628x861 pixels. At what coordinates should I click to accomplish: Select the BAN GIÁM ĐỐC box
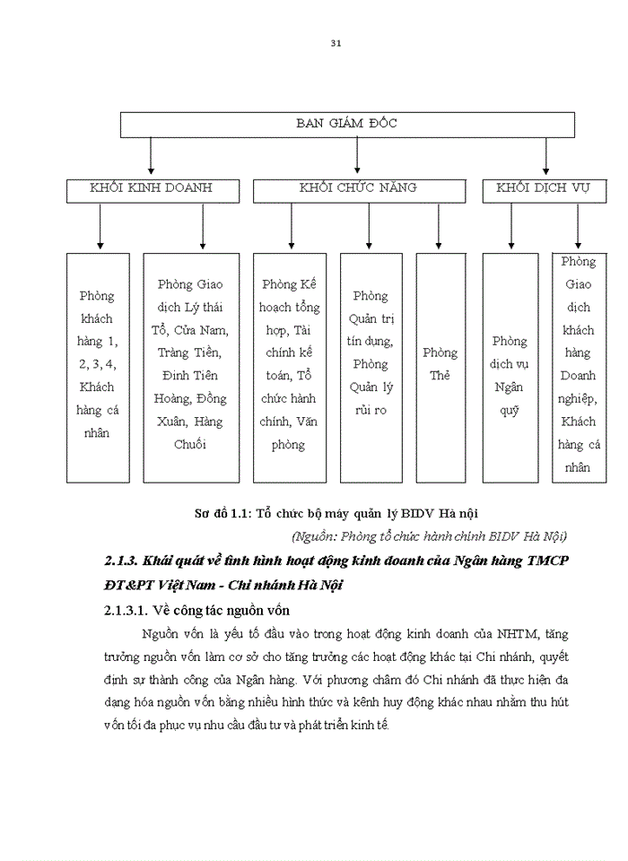tap(346, 124)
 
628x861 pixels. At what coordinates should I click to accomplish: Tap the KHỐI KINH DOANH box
tap(151, 188)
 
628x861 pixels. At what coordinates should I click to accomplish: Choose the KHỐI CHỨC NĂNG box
tap(358, 188)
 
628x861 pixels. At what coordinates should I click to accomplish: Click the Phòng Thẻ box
tap(439, 366)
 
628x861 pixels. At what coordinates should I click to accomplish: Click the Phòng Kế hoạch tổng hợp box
tap(289, 366)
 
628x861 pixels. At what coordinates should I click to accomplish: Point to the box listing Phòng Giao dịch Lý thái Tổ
tap(191, 366)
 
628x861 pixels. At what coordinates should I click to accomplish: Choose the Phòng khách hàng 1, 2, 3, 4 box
tap(98, 366)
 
